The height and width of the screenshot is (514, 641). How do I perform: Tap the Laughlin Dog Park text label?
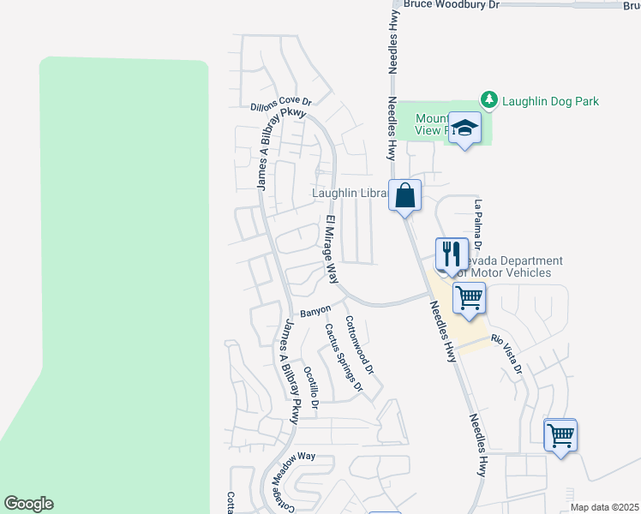point(550,101)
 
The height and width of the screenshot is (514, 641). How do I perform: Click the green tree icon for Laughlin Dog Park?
point(489,100)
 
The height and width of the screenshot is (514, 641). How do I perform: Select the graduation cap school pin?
point(465,128)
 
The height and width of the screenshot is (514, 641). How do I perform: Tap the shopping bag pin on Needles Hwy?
point(405,195)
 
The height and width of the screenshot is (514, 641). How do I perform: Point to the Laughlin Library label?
point(351,194)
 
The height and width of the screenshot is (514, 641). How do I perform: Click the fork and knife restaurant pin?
point(452,254)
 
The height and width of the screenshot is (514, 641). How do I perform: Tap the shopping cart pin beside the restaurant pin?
point(470,299)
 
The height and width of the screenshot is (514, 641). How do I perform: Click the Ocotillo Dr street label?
point(311,387)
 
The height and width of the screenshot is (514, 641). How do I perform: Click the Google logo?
point(28,504)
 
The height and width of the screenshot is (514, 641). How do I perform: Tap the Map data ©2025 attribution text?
point(604,507)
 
